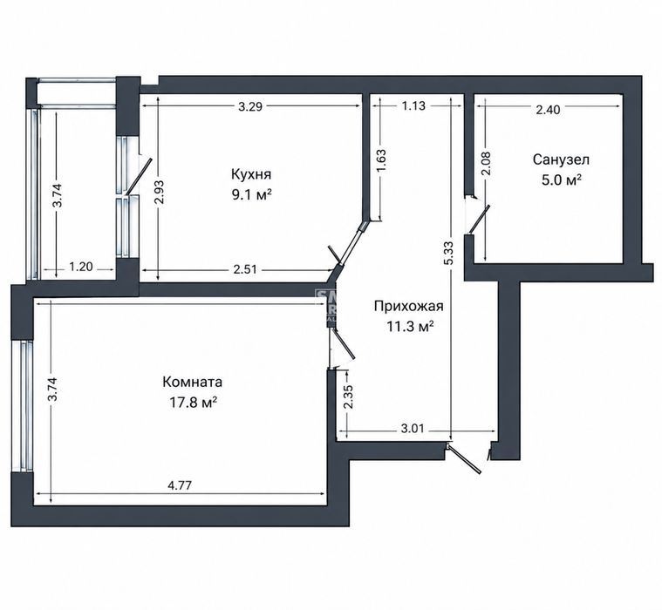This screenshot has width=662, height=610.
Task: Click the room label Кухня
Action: (x=251, y=173)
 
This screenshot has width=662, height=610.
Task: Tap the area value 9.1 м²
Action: (x=251, y=195)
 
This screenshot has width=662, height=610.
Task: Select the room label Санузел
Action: (x=561, y=159)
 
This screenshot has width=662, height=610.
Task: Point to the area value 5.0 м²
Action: (x=562, y=180)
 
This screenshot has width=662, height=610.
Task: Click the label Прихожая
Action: (x=409, y=306)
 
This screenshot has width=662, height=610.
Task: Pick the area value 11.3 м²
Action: (x=410, y=327)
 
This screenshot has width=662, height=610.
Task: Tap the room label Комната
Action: (x=192, y=382)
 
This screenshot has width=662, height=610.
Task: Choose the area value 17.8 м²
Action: (x=193, y=403)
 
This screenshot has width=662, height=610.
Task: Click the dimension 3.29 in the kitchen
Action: (x=250, y=106)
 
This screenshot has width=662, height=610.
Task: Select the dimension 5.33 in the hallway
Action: (x=449, y=253)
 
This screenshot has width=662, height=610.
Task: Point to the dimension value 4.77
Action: (x=180, y=485)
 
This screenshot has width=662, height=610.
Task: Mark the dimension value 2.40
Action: (x=548, y=110)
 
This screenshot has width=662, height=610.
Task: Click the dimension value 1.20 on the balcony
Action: (x=80, y=267)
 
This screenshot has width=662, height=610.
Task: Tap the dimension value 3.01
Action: (x=412, y=429)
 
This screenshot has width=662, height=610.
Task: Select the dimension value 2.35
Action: (x=349, y=397)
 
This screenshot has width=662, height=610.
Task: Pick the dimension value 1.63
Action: (x=381, y=160)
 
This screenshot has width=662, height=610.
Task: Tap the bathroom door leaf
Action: (x=479, y=220)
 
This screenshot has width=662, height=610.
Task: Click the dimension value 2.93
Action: (x=159, y=193)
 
